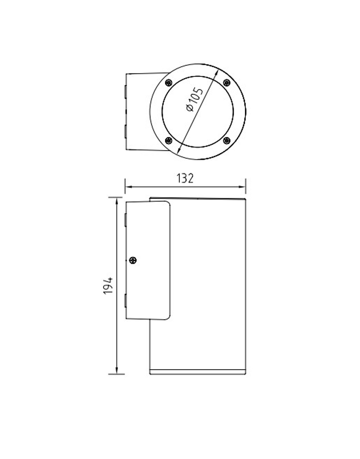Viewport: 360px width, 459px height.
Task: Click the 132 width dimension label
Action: tap(185, 178)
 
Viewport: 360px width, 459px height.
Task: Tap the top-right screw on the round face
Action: tap(227, 82)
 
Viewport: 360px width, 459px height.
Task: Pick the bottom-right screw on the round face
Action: tap(226, 140)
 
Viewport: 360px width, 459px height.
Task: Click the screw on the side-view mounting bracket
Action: tap(132, 260)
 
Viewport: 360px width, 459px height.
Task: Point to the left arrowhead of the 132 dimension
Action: tap(128, 187)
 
